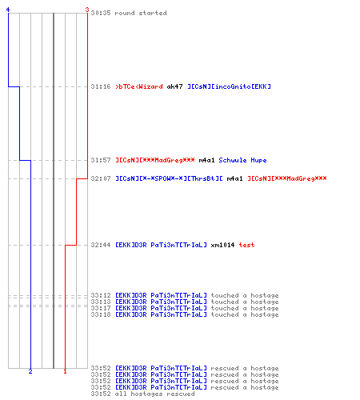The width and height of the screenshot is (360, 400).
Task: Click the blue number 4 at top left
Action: [x=8, y=10]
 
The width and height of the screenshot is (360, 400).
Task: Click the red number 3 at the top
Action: [x=87, y=10]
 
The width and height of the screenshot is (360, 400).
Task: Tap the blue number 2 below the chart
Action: [x=30, y=371]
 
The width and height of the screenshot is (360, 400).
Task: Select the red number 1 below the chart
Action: [x=65, y=371]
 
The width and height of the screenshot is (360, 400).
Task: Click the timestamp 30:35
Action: [x=101, y=13]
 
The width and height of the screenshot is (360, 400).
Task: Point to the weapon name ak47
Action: [x=174, y=86]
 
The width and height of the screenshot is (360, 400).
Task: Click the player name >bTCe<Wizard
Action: [x=139, y=86]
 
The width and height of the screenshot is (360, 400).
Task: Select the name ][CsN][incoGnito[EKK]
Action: [x=229, y=86]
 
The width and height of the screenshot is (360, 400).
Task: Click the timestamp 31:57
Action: [x=101, y=160]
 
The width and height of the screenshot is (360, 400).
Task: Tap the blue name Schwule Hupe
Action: [x=242, y=160]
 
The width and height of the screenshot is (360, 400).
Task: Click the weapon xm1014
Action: [x=222, y=245]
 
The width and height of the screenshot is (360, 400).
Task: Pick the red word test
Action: [x=246, y=245]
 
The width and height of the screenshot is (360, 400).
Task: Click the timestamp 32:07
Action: [x=101, y=178]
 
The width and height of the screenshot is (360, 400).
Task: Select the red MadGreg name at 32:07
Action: [x=287, y=178]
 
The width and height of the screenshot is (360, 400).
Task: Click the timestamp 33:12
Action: [x=101, y=295]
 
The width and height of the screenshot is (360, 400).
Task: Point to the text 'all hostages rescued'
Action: [x=154, y=394]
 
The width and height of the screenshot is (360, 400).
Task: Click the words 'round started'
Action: [x=141, y=13]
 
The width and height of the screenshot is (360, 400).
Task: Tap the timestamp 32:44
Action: [x=101, y=245]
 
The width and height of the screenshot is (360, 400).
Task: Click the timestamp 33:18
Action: [x=101, y=314]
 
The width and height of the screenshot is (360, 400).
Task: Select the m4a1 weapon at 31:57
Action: [x=206, y=160]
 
